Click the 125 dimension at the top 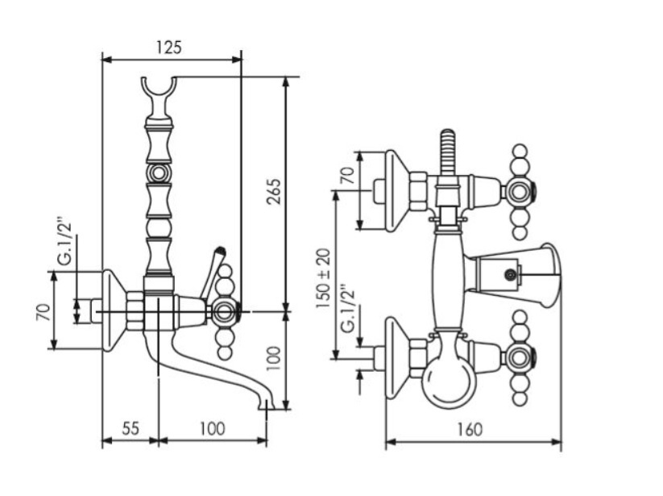[168, 47]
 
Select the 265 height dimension [273, 192]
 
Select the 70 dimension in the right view [347, 177]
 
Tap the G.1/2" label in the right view [346, 308]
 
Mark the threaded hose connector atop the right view [448, 150]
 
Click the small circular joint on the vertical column [159, 173]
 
